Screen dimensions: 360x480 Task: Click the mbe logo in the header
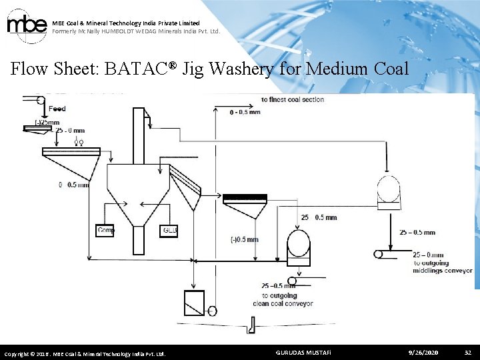click(26, 25)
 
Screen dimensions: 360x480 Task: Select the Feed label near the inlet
click(57, 109)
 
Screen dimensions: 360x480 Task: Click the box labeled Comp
click(105, 231)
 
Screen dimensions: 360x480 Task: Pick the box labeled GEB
click(170, 231)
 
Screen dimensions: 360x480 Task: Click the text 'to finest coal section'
click(293, 99)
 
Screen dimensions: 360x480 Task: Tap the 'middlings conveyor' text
click(443, 271)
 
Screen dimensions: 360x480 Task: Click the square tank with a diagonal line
click(194, 303)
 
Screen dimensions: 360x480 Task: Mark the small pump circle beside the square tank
click(212, 311)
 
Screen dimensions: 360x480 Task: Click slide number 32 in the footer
click(467, 351)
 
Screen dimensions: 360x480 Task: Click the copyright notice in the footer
click(85, 353)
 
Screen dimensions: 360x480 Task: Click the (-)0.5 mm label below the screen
click(243, 239)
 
